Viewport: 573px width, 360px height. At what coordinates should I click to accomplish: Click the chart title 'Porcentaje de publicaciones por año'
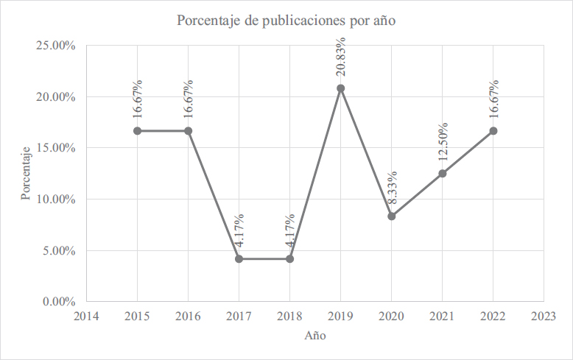tap(286, 21)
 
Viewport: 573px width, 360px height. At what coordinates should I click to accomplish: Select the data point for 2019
tap(340, 88)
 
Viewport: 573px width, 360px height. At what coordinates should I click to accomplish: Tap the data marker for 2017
tap(239, 258)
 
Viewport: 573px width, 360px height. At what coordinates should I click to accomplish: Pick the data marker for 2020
tap(391, 216)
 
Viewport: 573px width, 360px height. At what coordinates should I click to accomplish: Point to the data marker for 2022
tap(493, 131)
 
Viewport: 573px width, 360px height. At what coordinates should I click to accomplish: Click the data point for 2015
tap(137, 131)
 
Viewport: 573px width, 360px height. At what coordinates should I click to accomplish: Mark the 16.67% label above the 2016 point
tap(189, 99)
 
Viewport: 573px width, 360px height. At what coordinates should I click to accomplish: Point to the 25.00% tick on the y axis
tap(55, 46)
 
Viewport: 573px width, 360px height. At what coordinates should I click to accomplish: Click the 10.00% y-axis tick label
tap(55, 199)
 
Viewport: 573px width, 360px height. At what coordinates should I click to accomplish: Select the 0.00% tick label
tap(58, 301)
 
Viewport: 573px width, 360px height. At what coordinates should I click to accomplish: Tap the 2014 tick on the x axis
tap(86, 316)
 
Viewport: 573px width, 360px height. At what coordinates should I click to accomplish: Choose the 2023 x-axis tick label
tap(544, 316)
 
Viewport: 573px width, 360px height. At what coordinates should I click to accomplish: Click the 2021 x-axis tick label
tap(442, 316)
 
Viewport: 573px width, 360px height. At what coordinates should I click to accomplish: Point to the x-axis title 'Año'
tap(315, 336)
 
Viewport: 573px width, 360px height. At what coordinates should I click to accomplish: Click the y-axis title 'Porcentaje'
tap(26, 174)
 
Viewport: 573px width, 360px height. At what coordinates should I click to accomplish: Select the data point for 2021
tap(442, 174)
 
